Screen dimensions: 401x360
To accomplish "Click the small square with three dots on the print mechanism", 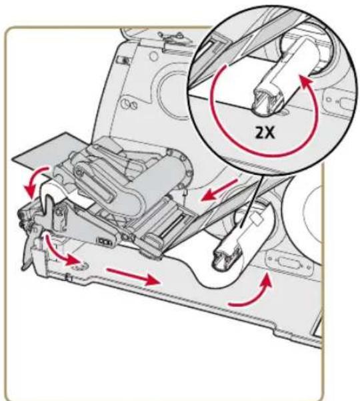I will coord(104,241).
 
